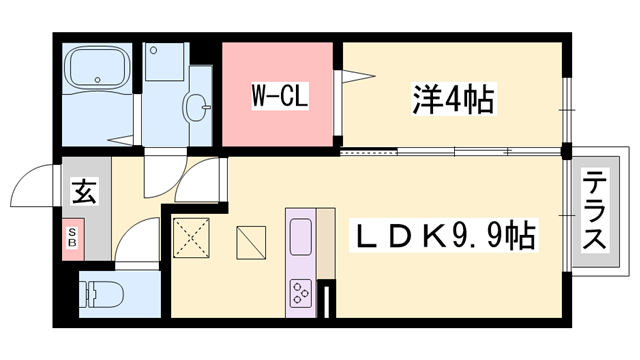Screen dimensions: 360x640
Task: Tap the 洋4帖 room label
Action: (452, 98)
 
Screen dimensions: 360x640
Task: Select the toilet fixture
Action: (104, 294)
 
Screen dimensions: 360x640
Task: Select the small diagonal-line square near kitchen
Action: (251, 242)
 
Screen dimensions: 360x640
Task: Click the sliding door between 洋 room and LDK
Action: (450, 152)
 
